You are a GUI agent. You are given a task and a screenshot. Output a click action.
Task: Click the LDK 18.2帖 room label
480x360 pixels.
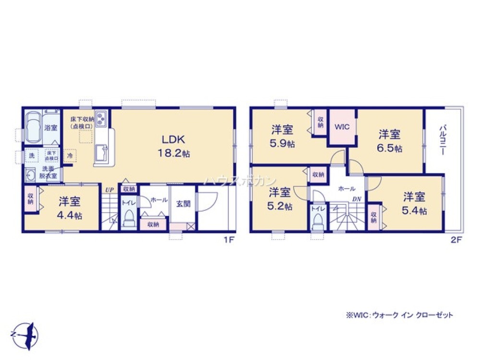pos(170,146)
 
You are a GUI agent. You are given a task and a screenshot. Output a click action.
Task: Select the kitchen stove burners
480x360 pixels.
pos(102,118)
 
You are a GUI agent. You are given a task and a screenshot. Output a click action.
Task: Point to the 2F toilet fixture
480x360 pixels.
pos(317,222)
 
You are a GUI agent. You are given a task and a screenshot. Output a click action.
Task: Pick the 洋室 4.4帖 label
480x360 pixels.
pos(70,208)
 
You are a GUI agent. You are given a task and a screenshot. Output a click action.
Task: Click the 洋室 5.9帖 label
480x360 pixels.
pos(283,136)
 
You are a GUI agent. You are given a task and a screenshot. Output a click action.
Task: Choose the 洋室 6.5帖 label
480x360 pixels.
pos(390,141)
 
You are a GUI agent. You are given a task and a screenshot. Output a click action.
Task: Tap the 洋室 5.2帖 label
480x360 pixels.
pos(279,199)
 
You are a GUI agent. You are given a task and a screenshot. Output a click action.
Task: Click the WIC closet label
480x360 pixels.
pos(341,127)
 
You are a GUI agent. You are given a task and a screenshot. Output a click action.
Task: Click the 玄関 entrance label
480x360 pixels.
pos(183,204)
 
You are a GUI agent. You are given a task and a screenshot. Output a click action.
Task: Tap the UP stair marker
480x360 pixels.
pos(109,189)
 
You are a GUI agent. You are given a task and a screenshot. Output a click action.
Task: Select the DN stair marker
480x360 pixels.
pos(356,199)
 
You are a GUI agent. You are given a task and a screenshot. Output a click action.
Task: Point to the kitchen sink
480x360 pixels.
pos(102,154)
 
